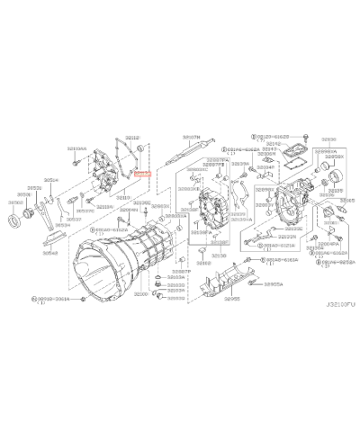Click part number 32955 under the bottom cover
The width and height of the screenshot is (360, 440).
tap(233, 297)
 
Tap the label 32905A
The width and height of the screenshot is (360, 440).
tap(273, 283)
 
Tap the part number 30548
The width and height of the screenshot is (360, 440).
tap(51, 253)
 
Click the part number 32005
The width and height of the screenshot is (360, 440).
tap(347, 201)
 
